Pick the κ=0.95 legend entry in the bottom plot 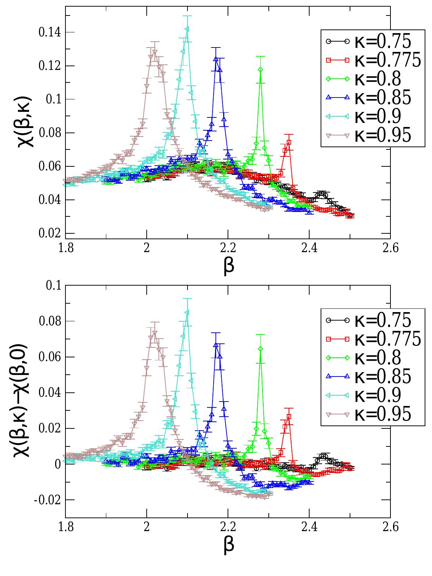click(x=371, y=414)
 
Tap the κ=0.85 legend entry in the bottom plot click(x=371, y=376)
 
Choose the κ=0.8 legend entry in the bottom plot click(x=371, y=357)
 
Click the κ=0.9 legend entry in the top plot click(x=371, y=116)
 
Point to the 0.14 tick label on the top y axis click(x=50, y=32)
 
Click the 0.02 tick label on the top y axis click(x=50, y=234)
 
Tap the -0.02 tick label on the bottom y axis click(x=49, y=500)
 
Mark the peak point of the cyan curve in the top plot click(x=187, y=29)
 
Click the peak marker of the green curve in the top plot click(x=261, y=70)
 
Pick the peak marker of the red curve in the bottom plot click(x=289, y=417)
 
